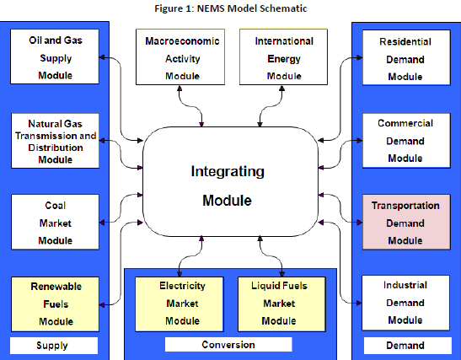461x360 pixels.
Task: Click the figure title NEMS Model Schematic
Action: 231,8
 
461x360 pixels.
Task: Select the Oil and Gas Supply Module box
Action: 55,56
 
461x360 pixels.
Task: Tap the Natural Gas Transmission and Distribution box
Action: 56,141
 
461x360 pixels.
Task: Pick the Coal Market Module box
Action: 56,222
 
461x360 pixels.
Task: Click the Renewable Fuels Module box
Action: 56,304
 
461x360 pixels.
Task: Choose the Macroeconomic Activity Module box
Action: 180,56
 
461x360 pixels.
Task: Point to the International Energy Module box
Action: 283,56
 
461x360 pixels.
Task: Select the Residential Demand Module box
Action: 406,57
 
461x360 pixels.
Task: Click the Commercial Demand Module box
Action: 406,141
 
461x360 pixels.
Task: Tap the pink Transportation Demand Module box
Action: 406,222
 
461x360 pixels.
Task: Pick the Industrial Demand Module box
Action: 405,303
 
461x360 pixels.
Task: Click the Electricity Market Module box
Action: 180,304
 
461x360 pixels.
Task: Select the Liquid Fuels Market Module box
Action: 281,304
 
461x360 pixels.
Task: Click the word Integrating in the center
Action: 228,171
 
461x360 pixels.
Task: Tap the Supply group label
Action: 53,346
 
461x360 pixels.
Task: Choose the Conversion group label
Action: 228,345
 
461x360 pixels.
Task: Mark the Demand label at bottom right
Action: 408,346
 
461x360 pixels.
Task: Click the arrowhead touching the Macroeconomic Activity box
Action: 180,89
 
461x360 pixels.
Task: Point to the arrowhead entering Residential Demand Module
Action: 360,57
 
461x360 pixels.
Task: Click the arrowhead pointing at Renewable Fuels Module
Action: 102,305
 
